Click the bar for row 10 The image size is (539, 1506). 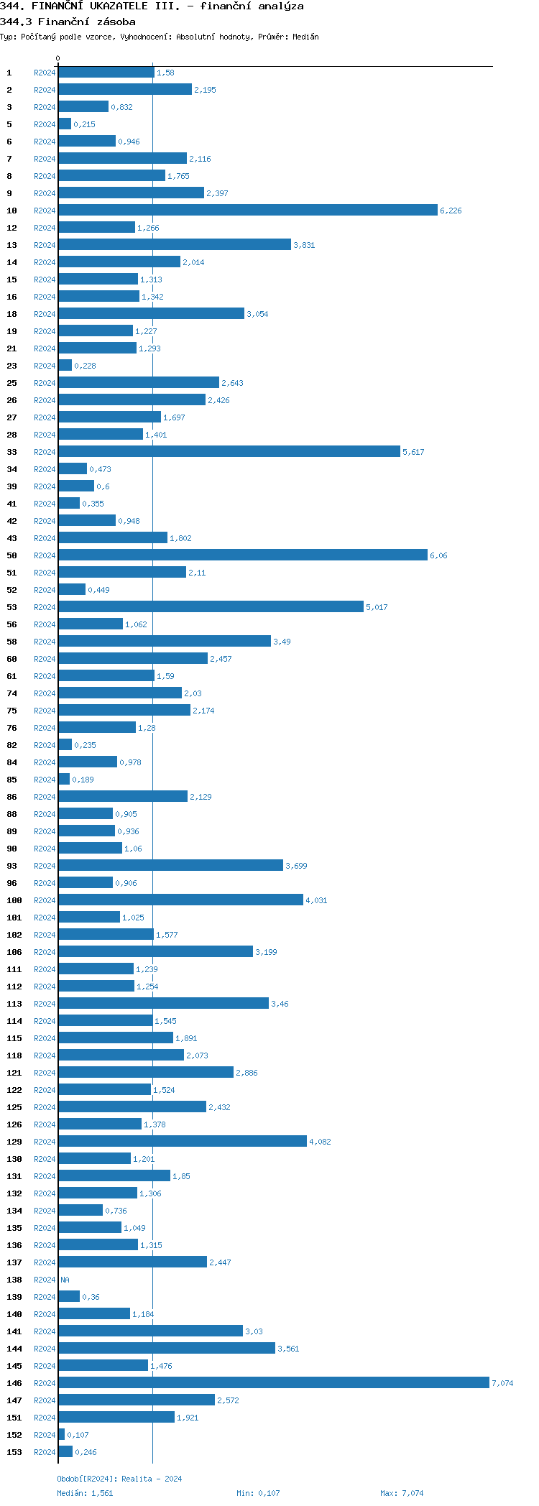click(248, 210)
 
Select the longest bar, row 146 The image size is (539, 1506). click(274, 1382)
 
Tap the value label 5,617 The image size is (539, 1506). click(413, 452)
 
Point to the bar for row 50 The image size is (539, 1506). click(243, 555)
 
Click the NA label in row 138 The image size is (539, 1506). click(65, 1280)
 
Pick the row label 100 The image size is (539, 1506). click(14, 900)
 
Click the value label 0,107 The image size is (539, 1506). click(78, 1435)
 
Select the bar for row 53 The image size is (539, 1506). click(211, 606)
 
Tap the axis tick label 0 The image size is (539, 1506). click(58, 58)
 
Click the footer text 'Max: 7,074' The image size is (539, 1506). click(402, 1493)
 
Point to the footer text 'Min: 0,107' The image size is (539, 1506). click(258, 1493)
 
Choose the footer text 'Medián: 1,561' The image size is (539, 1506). click(85, 1493)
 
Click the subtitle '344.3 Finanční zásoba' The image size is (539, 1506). click(68, 22)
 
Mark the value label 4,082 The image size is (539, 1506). click(320, 1142)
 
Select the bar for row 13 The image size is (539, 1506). click(175, 244)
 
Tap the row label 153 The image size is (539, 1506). click(14, 1452)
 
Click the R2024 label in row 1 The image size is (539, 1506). click(45, 73)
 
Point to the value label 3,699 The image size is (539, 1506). click(296, 866)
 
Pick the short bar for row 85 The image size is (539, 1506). click(64, 779)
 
